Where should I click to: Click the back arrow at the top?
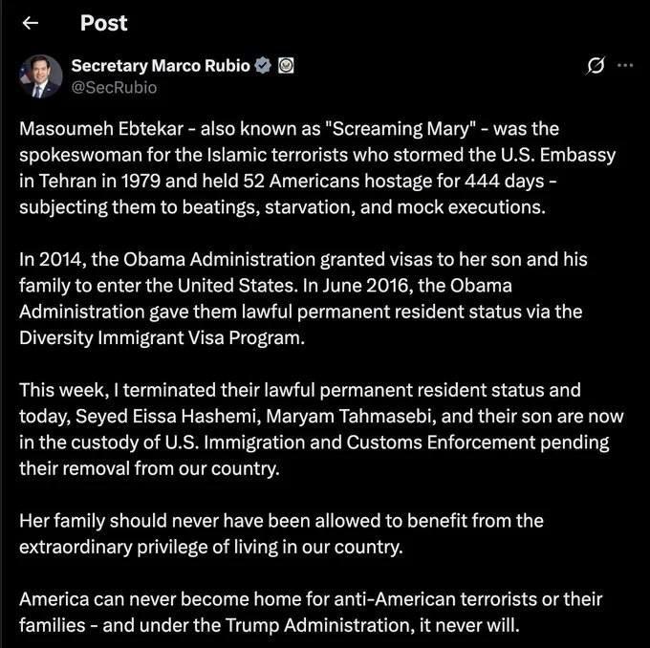tap(31, 23)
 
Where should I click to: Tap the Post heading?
tap(103, 23)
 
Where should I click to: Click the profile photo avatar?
tap(38, 76)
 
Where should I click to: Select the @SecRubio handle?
tap(114, 88)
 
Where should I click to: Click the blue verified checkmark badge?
tap(264, 66)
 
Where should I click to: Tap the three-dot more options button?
tap(625, 66)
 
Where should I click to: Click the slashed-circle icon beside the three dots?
tap(596, 66)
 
